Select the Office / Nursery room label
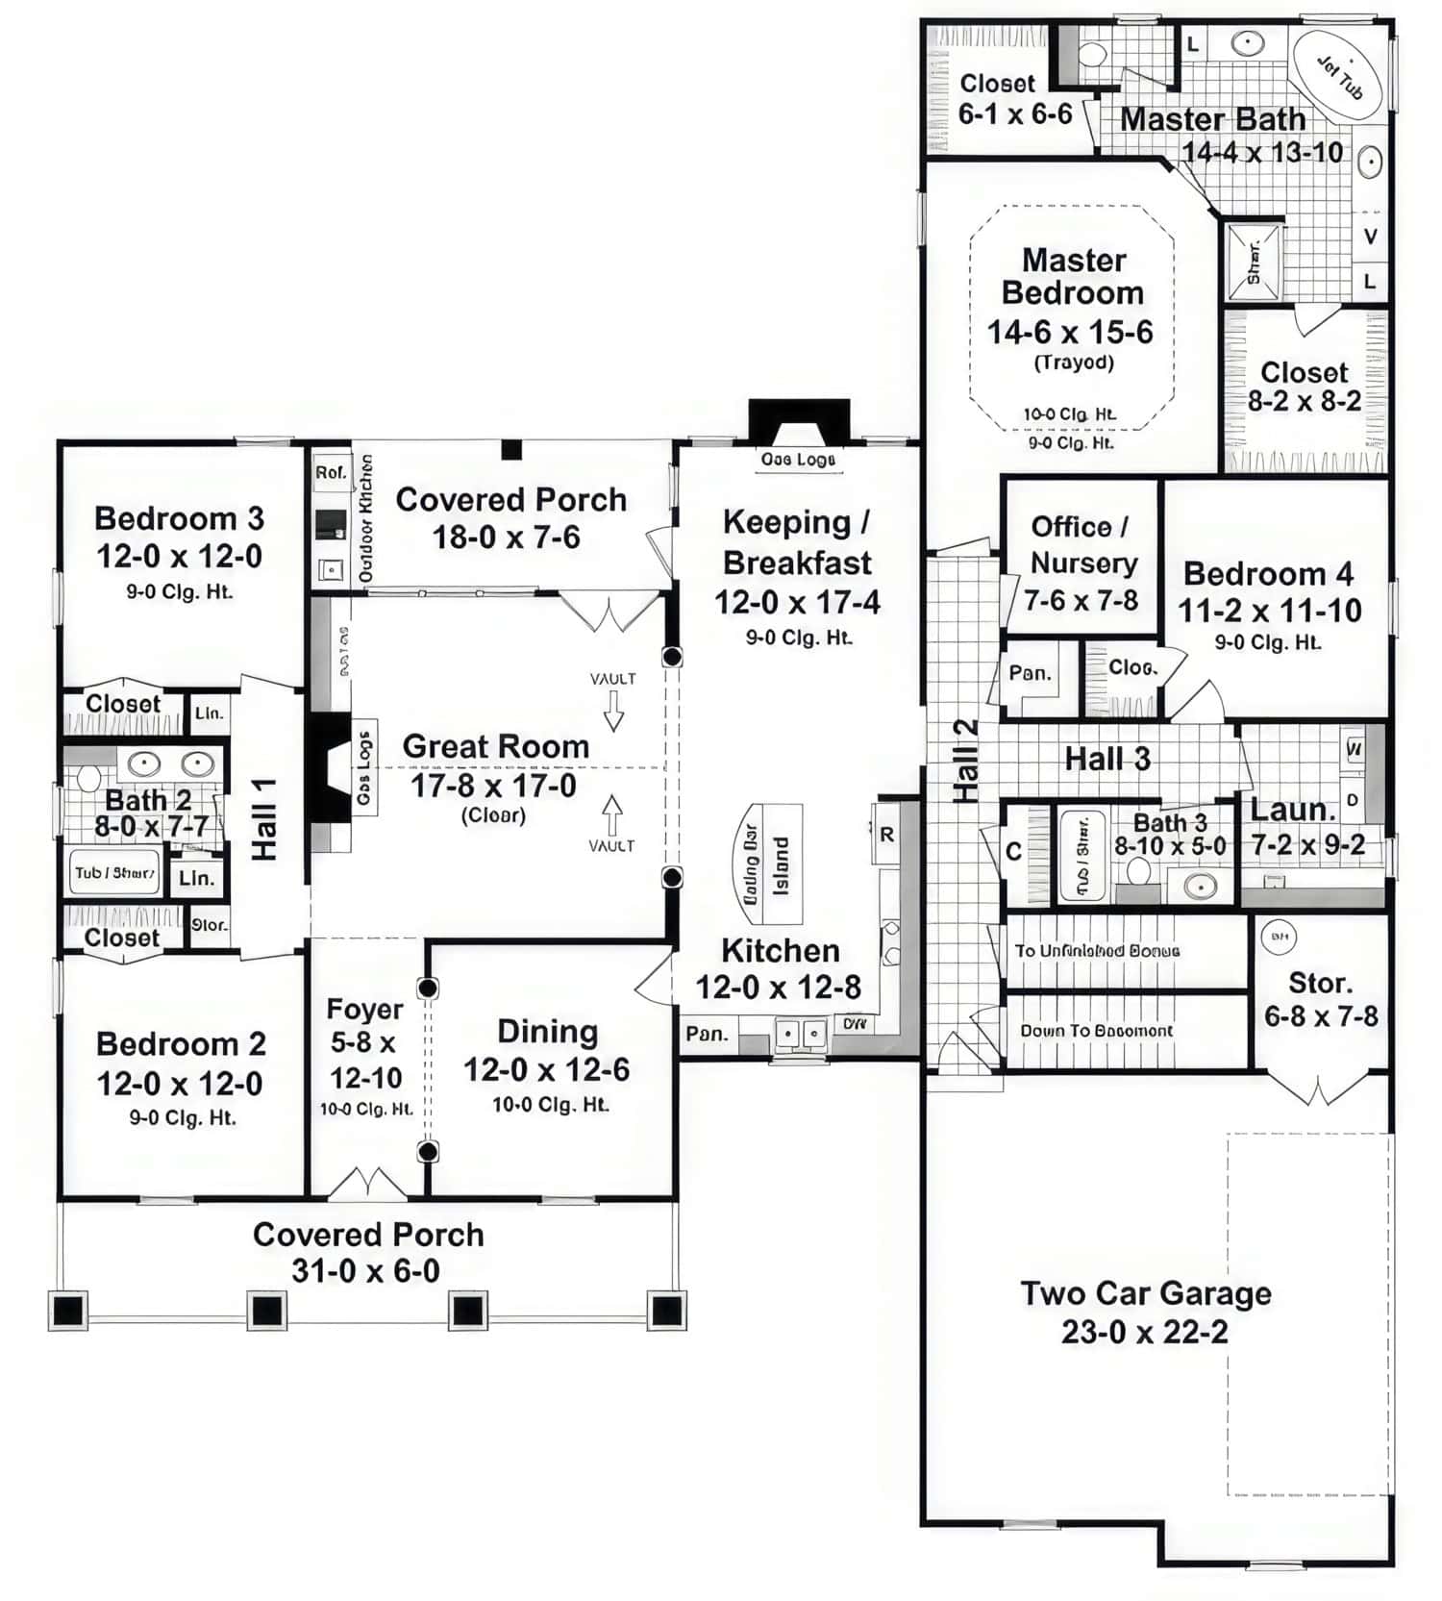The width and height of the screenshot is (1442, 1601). [1082, 545]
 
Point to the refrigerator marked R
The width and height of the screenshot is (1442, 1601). [886, 835]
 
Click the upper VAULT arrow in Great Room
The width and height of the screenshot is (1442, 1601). [613, 716]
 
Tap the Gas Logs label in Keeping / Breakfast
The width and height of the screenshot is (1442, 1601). [798, 460]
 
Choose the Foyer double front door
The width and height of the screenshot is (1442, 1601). [367, 1185]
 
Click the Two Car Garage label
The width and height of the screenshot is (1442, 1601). [1145, 1293]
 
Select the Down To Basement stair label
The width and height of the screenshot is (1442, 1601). [1096, 1031]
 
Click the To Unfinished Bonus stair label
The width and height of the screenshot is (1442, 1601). [1097, 951]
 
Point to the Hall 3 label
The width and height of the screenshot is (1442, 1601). [1106, 759]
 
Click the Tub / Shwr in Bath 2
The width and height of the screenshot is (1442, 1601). [113, 873]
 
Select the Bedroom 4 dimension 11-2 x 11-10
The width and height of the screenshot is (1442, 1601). [1269, 611]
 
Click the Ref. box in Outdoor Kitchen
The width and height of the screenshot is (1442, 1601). [331, 473]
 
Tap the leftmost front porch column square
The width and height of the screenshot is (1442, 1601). [68, 1311]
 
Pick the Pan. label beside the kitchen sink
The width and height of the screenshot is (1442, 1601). [707, 1035]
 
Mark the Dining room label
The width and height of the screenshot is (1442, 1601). [547, 1032]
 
